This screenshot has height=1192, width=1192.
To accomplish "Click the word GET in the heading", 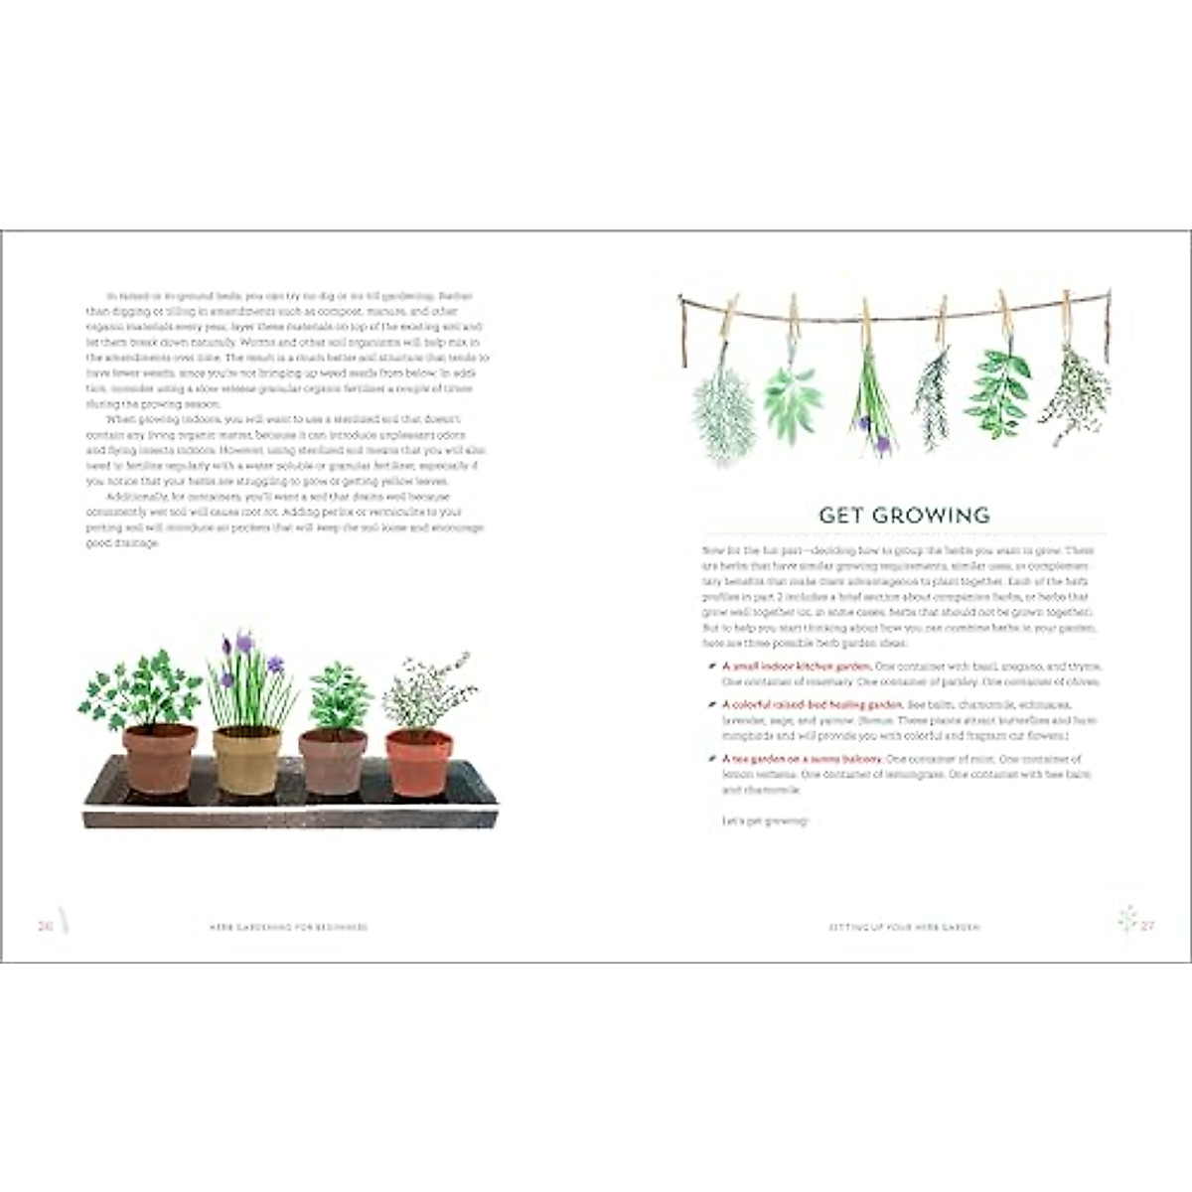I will click(x=840, y=515).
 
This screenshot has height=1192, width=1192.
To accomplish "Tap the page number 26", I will click(x=45, y=926).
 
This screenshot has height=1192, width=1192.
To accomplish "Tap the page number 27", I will click(x=1147, y=926).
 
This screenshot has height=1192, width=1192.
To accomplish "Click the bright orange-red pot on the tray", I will click(x=418, y=763).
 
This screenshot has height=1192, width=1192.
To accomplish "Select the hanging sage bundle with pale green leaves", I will click(x=793, y=397).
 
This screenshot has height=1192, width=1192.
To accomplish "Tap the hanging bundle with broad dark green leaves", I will click(x=999, y=392).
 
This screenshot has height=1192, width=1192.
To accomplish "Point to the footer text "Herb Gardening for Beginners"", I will click(x=288, y=927).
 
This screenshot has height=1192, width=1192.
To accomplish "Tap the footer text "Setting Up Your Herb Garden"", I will click(x=904, y=927).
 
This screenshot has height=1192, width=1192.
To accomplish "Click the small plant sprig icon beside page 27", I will click(x=1126, y=919).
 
